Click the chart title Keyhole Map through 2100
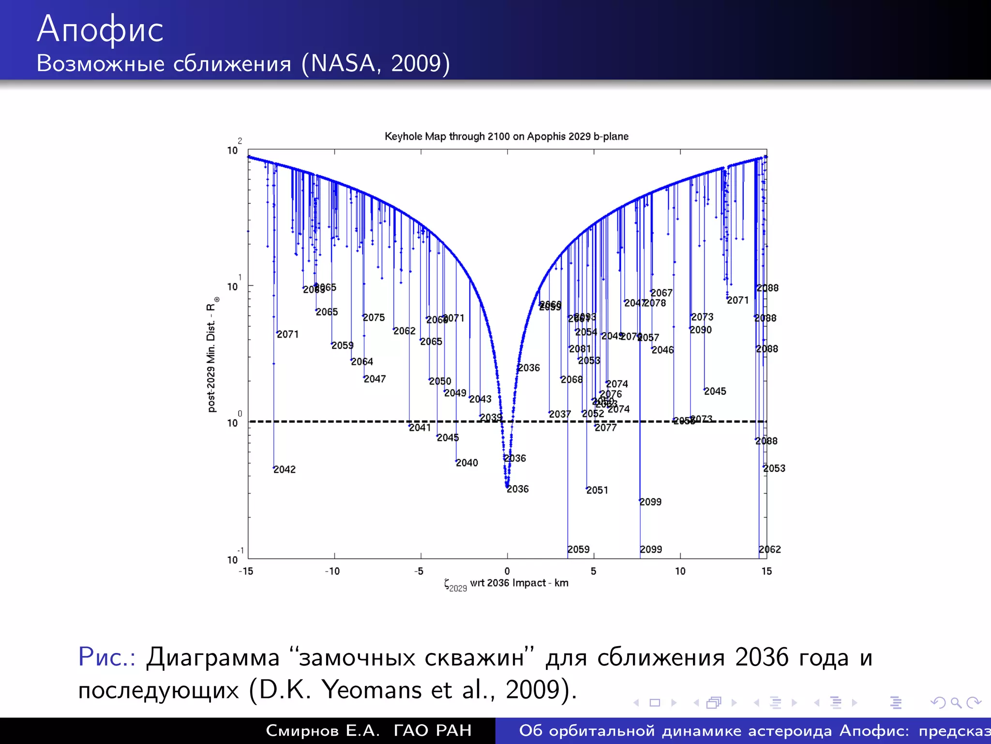[506, 137]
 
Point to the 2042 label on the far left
[285, 469]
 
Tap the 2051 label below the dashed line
[597, 490]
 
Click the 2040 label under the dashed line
[467, 463]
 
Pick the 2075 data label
[374, 318]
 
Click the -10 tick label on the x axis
[332, 572]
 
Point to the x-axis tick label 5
[593, 572]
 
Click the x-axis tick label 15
[766, 572]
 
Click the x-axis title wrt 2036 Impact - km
[519, 583]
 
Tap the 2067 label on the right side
[661, 293]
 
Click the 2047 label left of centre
[375, 379]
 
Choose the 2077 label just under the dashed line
[606, 428]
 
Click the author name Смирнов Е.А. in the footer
[323, 730]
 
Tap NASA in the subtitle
[343, 63]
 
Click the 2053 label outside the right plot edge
[774, 468]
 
